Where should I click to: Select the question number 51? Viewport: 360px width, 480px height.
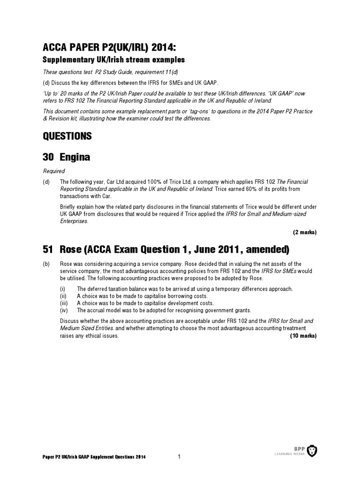click(49, 248)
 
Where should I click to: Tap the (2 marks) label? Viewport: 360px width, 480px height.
click(305, 232)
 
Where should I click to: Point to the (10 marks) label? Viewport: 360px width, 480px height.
click(303, 336)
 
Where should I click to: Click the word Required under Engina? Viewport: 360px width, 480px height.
click(53, 172)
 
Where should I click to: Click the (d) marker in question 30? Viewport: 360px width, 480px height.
click(46, 181)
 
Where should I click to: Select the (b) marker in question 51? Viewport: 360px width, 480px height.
click(46, 264)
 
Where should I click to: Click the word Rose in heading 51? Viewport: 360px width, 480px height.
click(72, 248)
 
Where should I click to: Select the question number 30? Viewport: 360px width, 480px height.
click(49, 158)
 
